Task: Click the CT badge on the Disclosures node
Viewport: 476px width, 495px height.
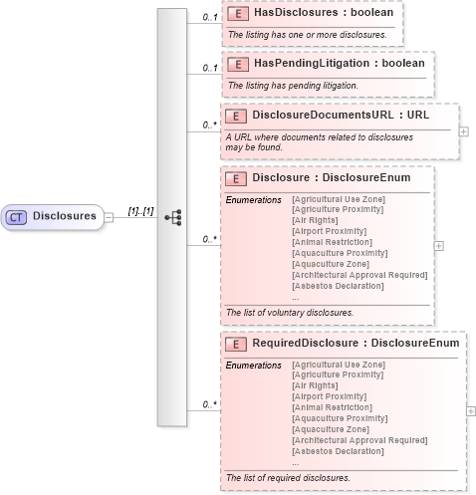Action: pyautogui.click(x=18, y=215)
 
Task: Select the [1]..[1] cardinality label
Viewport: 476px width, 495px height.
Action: pyautogui.click(x=139, y=211)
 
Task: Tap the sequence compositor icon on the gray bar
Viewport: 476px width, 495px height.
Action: pyautogui.click(x=172, y=216)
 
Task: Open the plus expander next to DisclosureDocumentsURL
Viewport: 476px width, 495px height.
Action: pyautogui.click(x=464, y=130)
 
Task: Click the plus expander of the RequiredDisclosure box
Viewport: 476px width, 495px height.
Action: pyautogui.click(x=470, y=409)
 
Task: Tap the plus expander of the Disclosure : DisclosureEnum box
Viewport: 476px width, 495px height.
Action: pyautogui.click(x=439, y=245)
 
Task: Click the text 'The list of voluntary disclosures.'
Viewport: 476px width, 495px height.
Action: pyautogui.click(x=290, y=312)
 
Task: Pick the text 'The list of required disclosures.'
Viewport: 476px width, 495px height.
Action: pyautogui.click(x=288, y=477)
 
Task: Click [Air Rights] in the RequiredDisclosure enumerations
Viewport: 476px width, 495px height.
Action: pyautogui.click(x=316, y=385)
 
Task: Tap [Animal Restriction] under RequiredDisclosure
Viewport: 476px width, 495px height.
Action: pyautogui.click(x=330, y=407)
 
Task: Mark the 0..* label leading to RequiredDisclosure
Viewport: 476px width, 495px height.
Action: pyautogui.click(x=210, y=404)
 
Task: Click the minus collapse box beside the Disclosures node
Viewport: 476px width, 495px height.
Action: pyautogui.click(x=109, y=216)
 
